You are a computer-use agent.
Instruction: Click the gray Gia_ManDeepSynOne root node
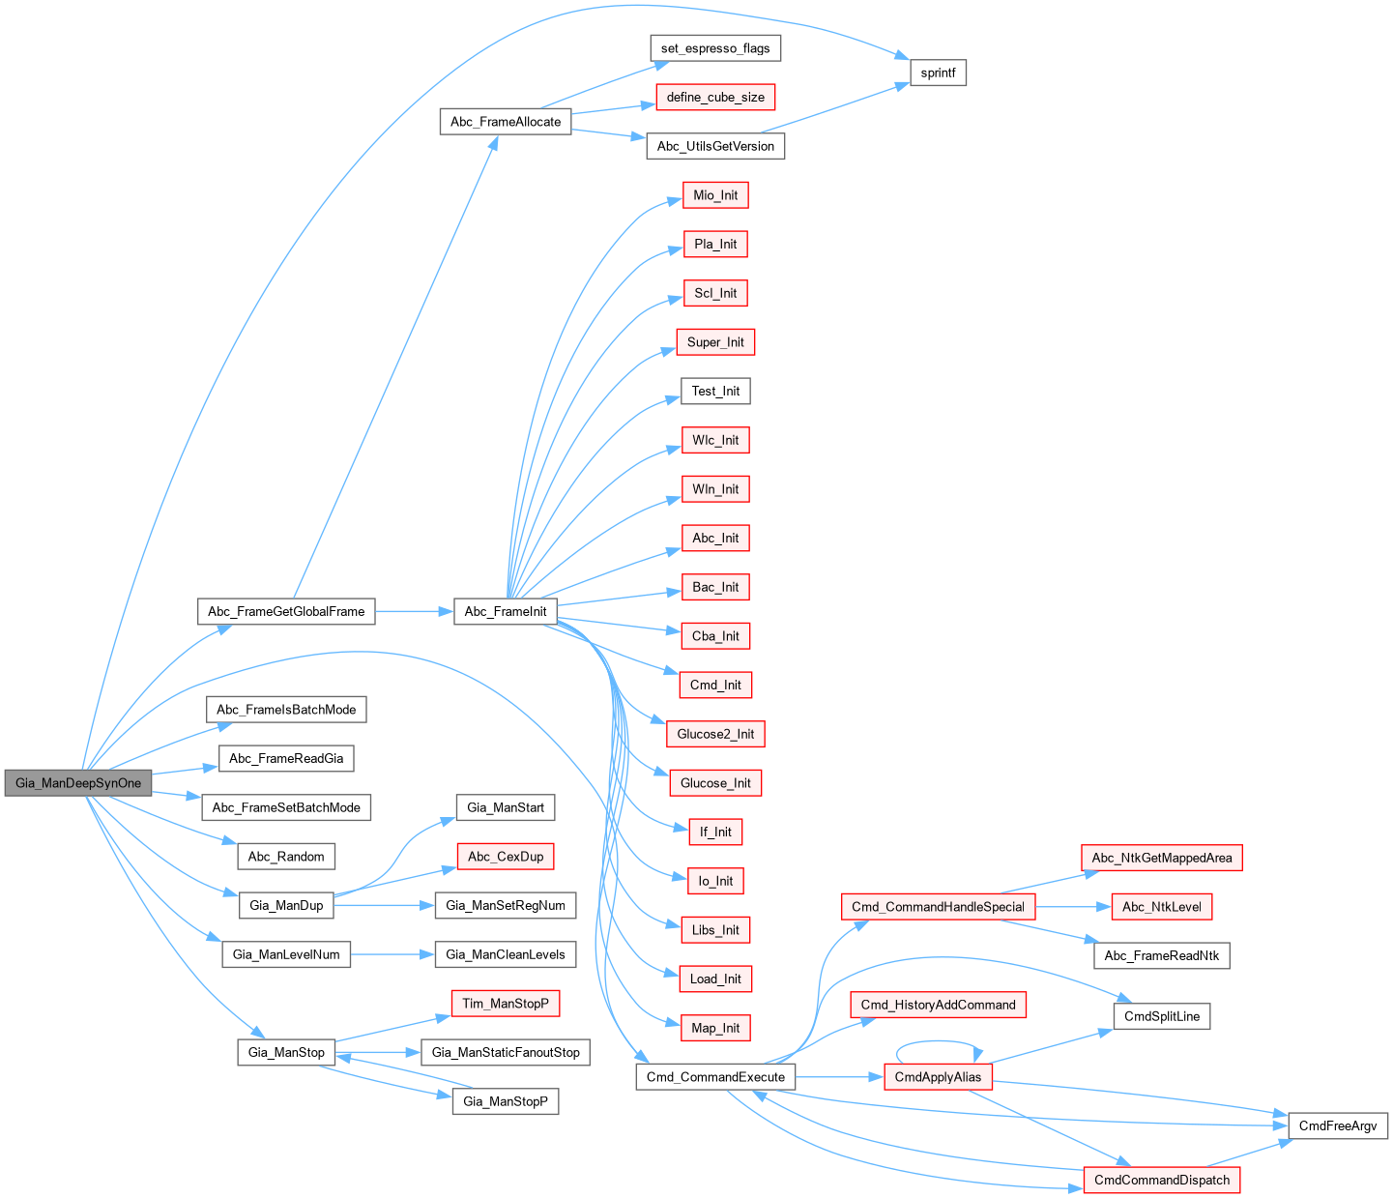click(78, 783)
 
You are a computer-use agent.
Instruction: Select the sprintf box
click(938, 73)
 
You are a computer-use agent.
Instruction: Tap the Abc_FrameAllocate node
click(506, 122)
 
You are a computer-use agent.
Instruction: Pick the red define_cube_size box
click(715, 98)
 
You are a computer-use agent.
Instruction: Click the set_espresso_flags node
click(715, 48)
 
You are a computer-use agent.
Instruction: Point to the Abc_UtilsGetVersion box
click(715, 146)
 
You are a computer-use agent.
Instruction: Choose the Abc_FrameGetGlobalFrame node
click(286, 611)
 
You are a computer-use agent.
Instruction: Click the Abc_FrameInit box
click(506, 611)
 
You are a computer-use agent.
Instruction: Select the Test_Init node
click(715, 391)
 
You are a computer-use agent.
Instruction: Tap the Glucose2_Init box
click(715, 734)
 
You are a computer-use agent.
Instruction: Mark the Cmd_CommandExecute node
click(715, 1077)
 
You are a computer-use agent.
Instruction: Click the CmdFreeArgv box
click(1338, 1126)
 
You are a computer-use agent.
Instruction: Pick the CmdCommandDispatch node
click(1162, 1181)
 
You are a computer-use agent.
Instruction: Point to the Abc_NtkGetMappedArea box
click(1162, 858)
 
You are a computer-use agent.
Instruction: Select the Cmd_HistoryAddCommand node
click(938, 1005)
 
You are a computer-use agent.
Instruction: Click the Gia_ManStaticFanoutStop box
click(506, 1052)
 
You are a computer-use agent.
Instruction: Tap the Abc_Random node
click(286, 857)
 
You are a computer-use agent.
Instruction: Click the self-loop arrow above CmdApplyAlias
click(938, 1042)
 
